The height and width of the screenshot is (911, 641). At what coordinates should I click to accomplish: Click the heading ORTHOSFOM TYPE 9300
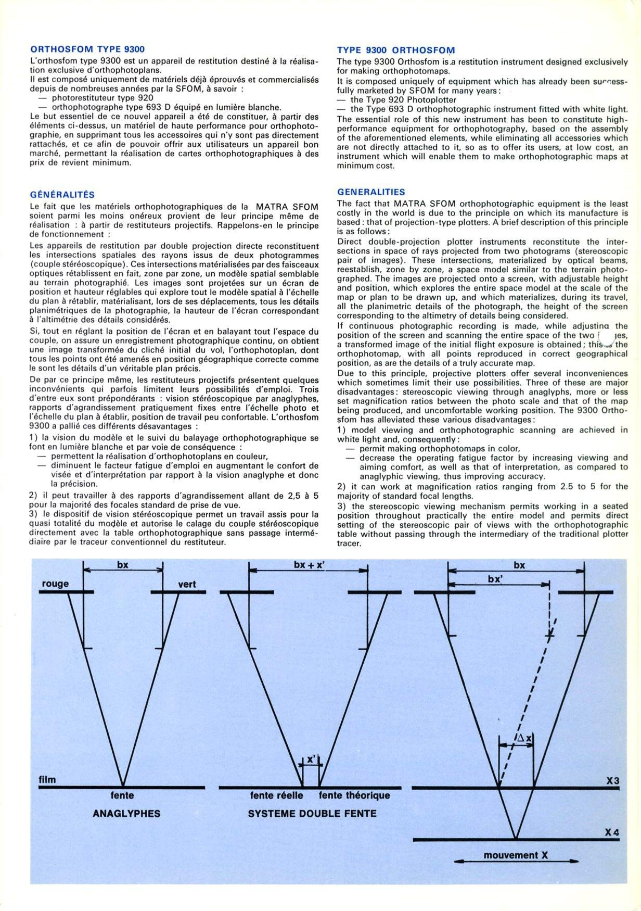[87, 49]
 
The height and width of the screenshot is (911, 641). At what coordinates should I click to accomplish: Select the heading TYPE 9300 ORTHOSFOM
[395, 50]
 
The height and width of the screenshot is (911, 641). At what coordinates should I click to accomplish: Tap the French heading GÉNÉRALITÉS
[62, 195]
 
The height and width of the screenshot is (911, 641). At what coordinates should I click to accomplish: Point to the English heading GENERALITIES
[371, 192]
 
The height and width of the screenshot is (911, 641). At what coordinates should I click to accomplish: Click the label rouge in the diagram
[55, 584]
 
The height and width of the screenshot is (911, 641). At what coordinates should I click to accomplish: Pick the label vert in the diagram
[187, 584]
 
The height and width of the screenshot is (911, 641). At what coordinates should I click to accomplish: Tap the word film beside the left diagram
[47, 780]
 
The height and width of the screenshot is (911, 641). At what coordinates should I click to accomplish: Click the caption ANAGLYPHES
[126, 813]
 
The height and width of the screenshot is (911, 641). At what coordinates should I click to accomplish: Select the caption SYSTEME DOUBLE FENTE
[312, 813]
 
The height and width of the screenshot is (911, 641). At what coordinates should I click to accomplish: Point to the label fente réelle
[277, 795]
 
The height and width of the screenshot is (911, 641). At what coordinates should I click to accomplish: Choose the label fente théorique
[354, 795]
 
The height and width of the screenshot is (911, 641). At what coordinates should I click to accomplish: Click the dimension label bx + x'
[309, 565]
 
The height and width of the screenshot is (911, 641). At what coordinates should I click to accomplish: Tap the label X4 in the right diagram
[612, 833]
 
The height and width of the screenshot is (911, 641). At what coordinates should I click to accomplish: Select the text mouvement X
[516, 855]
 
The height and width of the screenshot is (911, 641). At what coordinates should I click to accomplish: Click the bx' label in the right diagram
[495, 579]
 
